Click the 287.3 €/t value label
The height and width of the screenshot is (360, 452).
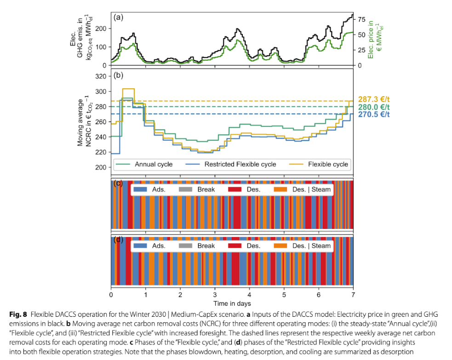tap(374, 99)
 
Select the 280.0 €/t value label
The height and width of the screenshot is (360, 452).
tap(374, 107)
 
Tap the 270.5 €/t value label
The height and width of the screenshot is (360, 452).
tap(374, 114)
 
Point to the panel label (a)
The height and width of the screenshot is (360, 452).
tap(118, 18)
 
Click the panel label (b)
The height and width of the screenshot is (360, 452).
tap(118, 76)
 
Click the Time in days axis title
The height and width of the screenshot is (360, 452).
tap(232, 303)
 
